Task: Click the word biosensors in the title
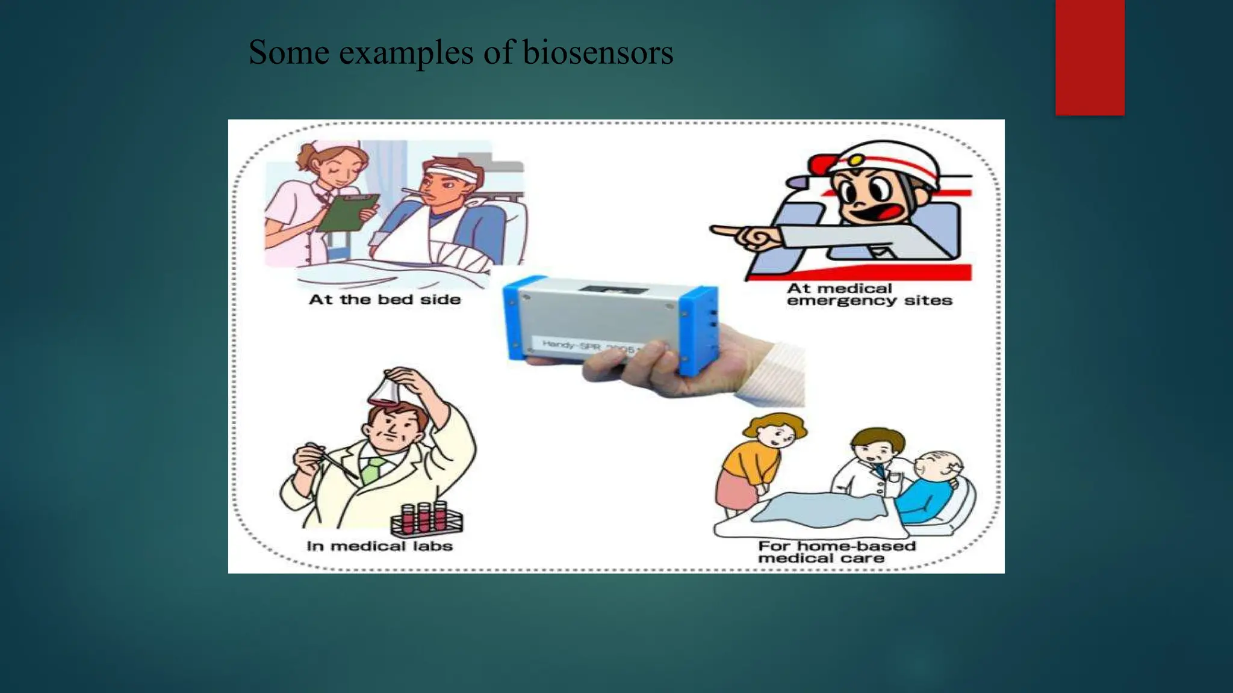point(597,52)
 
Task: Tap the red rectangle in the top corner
point(1090,57)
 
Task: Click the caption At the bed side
point(385,300)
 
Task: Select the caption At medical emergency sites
point(869,295)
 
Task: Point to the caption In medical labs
point(379,546)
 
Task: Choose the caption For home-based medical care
point(837,552)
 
